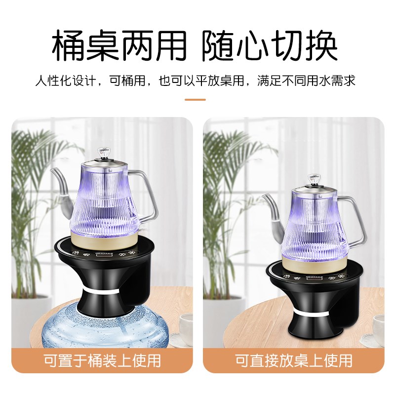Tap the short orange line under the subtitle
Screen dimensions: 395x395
pyautogui.click(x=195, y=99)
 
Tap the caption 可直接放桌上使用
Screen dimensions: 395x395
pyautogui.click(x=293, y=360)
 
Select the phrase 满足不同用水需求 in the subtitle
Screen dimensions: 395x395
pyautogui.click(x=306, y=80)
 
